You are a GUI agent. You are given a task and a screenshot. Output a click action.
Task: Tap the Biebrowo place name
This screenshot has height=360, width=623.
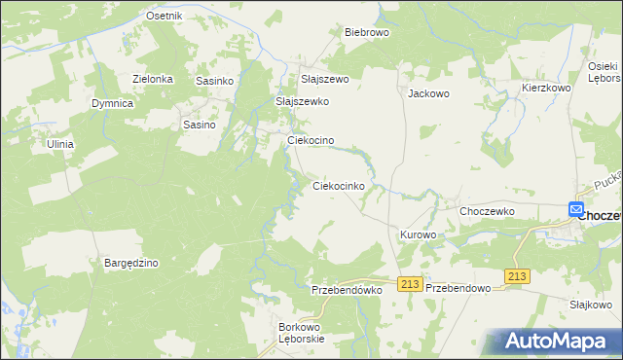tap(367, 31)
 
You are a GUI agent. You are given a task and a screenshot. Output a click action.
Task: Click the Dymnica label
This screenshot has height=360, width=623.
tap(112, 102)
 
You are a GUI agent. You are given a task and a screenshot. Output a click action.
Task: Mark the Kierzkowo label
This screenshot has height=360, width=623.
tap(545, 88)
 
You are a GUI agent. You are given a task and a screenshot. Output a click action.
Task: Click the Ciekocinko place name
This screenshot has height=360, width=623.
tap(338, 185)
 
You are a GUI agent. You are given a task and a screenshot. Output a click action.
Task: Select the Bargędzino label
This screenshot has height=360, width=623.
tap(131, 263)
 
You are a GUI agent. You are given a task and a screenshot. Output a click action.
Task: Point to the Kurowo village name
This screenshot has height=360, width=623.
tap(418, 235)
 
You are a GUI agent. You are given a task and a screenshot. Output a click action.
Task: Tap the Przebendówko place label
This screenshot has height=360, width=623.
tap(346, 290)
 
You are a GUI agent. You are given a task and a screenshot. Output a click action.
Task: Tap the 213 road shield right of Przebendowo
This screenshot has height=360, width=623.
tap(517, 277)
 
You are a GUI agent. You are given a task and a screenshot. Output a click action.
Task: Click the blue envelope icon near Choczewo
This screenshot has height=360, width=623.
tap(576, 209)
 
